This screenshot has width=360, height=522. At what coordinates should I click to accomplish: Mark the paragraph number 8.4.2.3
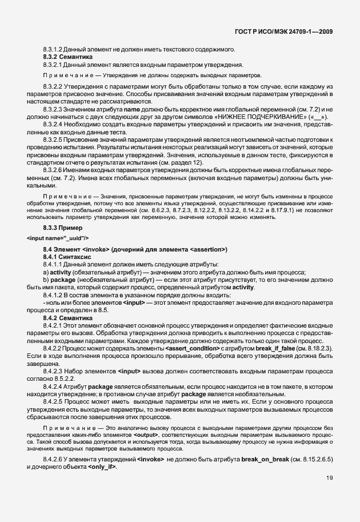55,371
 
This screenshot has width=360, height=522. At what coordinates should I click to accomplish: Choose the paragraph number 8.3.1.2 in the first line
54,50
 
